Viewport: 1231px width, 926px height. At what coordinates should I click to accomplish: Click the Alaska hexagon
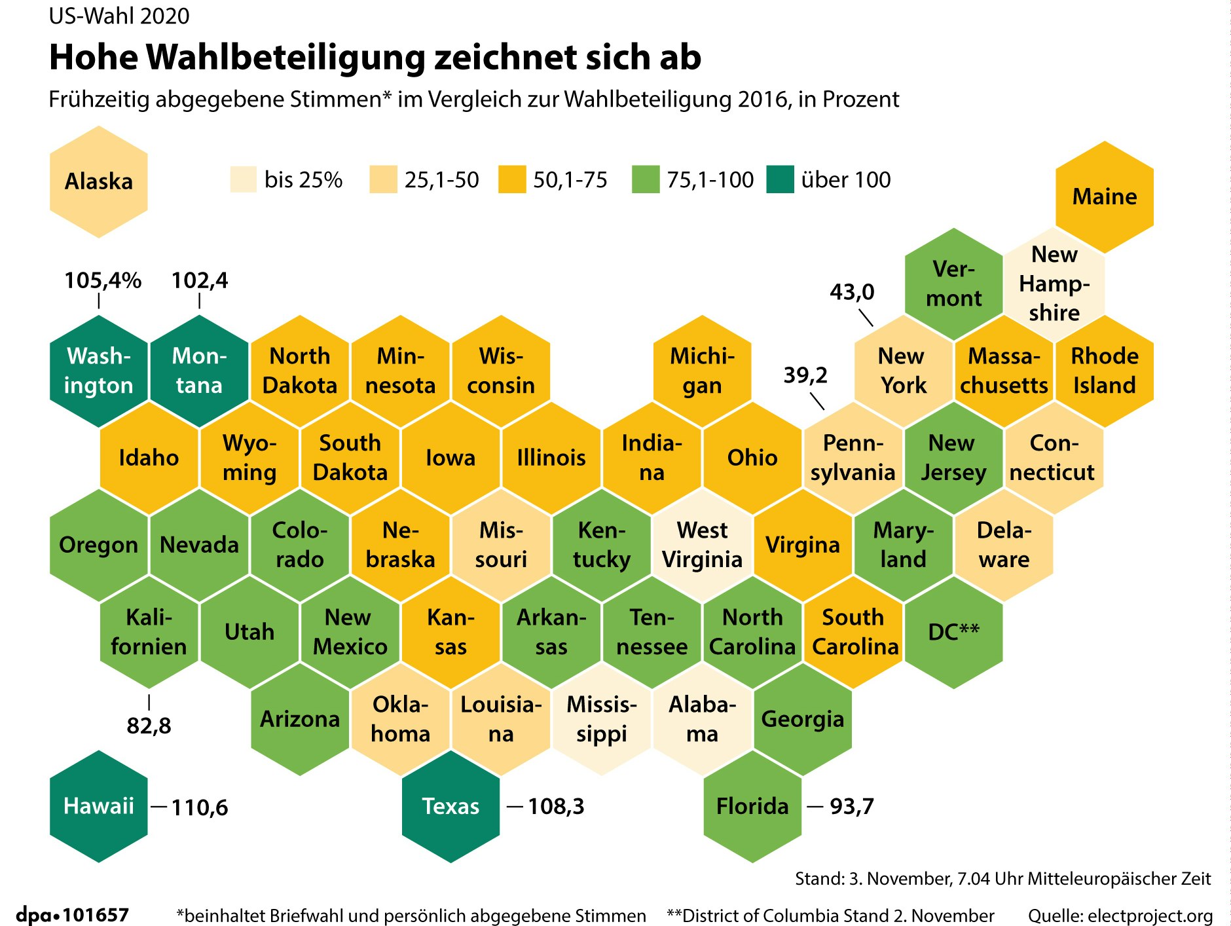98,181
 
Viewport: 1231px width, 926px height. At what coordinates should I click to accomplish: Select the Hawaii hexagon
98,806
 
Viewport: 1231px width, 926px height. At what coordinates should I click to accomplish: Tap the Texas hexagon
450,806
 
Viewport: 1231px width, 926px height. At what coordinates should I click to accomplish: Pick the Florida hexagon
752,806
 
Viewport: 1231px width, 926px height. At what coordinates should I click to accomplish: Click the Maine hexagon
1104,196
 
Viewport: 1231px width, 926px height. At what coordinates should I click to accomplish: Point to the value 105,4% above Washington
103,280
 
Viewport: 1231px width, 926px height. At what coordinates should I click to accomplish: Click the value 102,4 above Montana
200,280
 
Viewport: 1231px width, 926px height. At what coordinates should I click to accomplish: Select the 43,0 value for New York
852,291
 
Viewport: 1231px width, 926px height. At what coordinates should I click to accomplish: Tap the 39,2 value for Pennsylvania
805,375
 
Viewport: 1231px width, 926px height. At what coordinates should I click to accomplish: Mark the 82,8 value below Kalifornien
149,726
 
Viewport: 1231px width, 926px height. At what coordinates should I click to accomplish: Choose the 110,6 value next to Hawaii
200,807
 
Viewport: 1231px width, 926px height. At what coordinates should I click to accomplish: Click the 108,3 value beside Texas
556,806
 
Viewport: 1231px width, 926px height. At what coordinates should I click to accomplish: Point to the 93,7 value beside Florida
852,806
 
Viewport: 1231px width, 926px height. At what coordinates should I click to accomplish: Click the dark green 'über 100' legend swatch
780,179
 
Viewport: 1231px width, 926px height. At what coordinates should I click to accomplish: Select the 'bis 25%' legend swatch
243,179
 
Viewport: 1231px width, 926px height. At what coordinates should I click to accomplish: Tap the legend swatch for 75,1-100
646,179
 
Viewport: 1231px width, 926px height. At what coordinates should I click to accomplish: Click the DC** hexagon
953,632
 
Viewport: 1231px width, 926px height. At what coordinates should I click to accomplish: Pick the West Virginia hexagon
702,545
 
